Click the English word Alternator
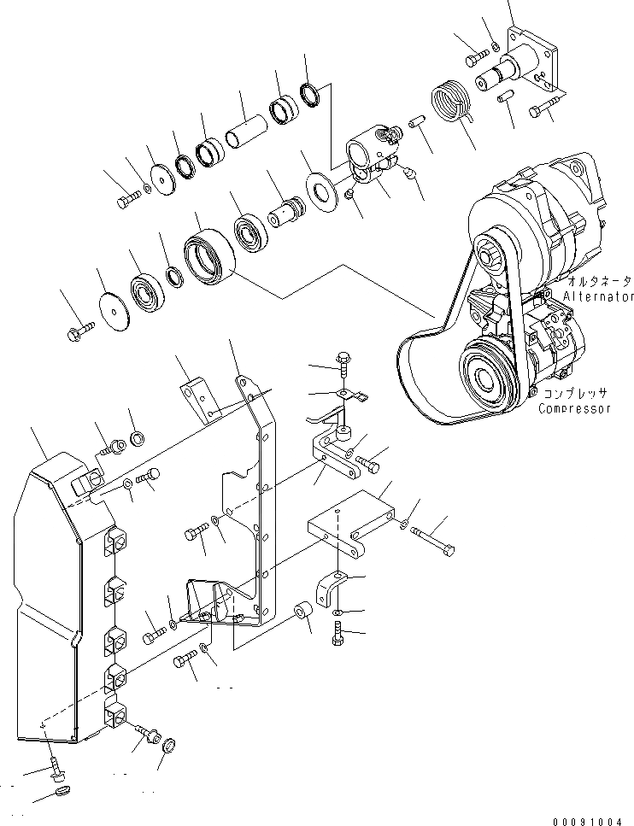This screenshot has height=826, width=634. coord(597,296)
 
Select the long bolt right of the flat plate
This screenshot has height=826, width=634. coord(436,538)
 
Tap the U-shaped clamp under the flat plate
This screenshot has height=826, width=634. coord(331,589)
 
